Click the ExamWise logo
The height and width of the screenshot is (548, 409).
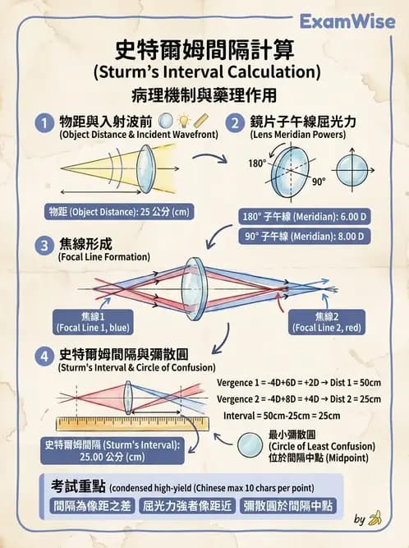[x=359, y=21]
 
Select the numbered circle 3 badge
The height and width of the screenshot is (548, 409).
[x=44, y=246]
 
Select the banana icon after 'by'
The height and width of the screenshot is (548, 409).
[x=375, y=518]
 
